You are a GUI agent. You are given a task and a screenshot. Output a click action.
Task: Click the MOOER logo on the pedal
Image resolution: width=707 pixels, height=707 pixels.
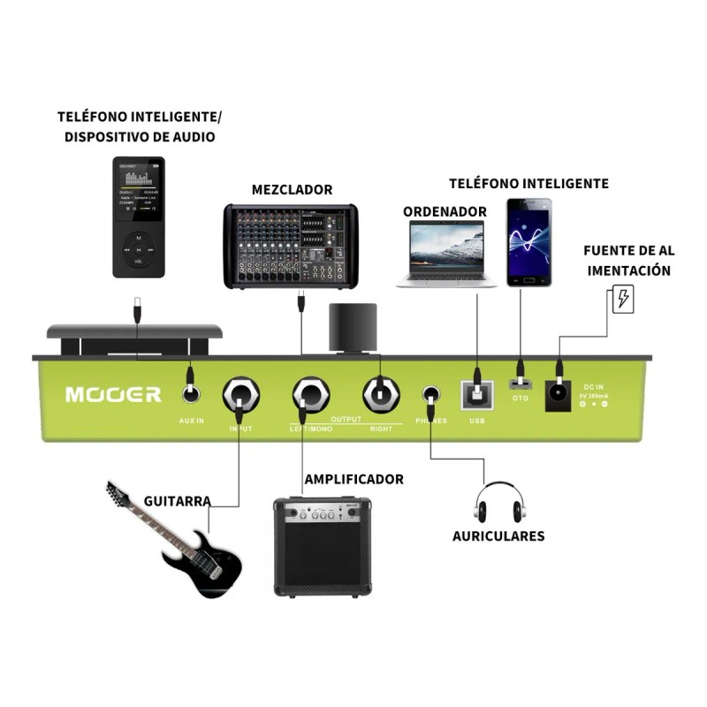pyautogui.click(x=113, y=394)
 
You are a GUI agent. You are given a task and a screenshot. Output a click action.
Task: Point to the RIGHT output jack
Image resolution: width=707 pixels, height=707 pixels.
pyautogui.click(x=381, y=396)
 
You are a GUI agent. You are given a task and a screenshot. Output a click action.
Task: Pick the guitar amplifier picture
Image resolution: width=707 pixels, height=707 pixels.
pyautogui.click(x=322, y=545)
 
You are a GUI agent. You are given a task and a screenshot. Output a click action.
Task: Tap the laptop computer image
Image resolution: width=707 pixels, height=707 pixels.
pyautogui.click(x=445, y=254)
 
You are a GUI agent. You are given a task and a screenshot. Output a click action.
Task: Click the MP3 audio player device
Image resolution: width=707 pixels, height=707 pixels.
pyautogui.click(x=138, y=217)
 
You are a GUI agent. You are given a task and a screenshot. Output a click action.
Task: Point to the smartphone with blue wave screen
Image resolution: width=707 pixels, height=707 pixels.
pyautogui.click(x=528, y=241)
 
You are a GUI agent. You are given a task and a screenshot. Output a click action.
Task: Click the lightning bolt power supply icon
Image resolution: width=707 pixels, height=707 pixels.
pyautogui.click(x=624, y=300)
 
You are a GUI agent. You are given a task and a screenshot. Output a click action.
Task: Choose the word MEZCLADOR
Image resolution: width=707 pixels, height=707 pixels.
pyautogui.click(x=292, y=189)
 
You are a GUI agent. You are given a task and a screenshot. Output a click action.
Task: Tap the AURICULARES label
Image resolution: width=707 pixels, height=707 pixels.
pyautogui.click(x=498, y=536)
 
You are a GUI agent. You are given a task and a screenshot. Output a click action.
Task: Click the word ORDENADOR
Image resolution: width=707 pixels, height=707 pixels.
pyautogui.click(x=445, y=211)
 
